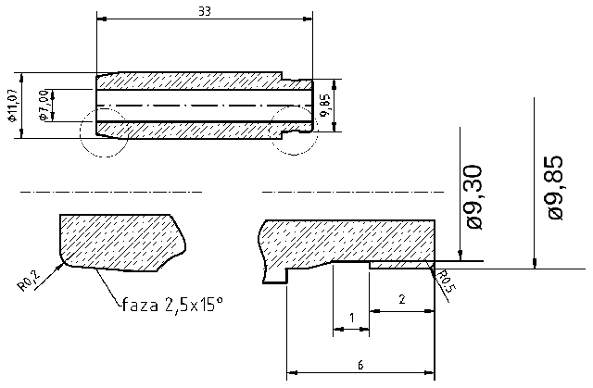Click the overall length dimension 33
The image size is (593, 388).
pyautogui.click(x=203, y=11)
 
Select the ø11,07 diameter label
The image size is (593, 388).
pyautogui.click(x=12, y=105)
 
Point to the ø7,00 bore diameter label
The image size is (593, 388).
pyautogui.click(x=43, y=105)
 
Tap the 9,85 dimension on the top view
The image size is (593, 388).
pyautogui.click(x=325, y=105)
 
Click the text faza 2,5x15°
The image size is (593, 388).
pyautogui.click(x=172, y=304)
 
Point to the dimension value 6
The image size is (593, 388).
pyautogui.click(x=360, y=365)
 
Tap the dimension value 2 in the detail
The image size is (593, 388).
pyautogui.click(x=400, y=299)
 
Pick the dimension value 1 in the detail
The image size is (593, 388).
pyautogui.click(x=350, y=318)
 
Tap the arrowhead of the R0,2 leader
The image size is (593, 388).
pyautogui.click(x=62, y=265)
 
